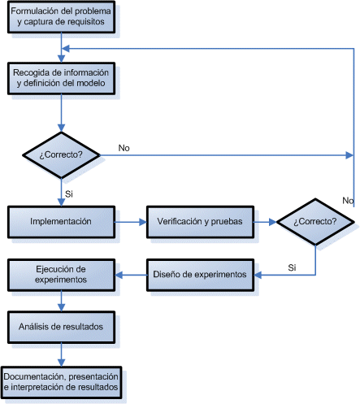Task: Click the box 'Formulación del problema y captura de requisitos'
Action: click(61, 17)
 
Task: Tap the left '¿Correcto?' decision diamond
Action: click(61, 154)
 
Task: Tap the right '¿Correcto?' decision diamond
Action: click(317, 221)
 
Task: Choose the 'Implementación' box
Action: click(61, 221)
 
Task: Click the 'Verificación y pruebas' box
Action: click(199, 221)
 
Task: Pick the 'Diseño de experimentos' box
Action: click(199, 275)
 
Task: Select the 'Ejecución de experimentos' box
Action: click(61, 274)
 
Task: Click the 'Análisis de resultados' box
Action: click(61, 326)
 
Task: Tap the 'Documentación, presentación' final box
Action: click(61, 382)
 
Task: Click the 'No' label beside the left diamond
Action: click(124, 148)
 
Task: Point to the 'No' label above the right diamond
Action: click(348, 200)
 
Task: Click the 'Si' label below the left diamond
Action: click(69, 193)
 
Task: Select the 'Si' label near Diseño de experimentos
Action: click(292, 267)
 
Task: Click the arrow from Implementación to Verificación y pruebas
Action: click(130, 221)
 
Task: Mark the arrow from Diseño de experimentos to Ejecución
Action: click(130, 275)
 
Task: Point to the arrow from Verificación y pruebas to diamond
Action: click(265, 221)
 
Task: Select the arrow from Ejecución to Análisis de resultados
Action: click(61, 301)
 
